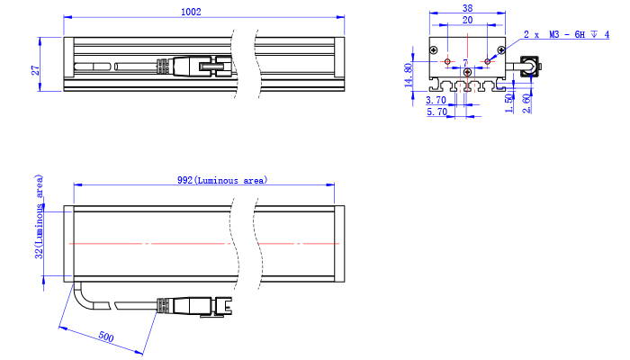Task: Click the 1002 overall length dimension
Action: [x=191, y=12]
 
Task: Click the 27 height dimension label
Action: [x=36, y=70]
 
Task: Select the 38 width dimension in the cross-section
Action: [x=467, y=8]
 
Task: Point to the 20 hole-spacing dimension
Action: [x=467, y=20]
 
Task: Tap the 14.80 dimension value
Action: [x=409, y=75]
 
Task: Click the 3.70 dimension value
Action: [x=436, y=100]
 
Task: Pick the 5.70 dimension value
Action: [x=436, y=112]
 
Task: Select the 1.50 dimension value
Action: [x=509, y=103]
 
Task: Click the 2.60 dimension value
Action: [x=526, y=103]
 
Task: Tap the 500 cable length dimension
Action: [x=105, y=337]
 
